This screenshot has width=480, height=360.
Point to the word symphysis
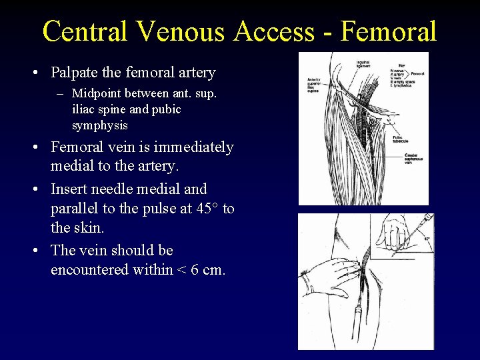(100, 125)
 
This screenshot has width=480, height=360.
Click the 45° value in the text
(205, 209)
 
